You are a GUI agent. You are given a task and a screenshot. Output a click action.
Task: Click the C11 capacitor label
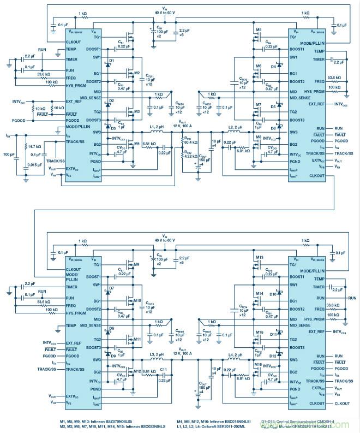tap(163, 370)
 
